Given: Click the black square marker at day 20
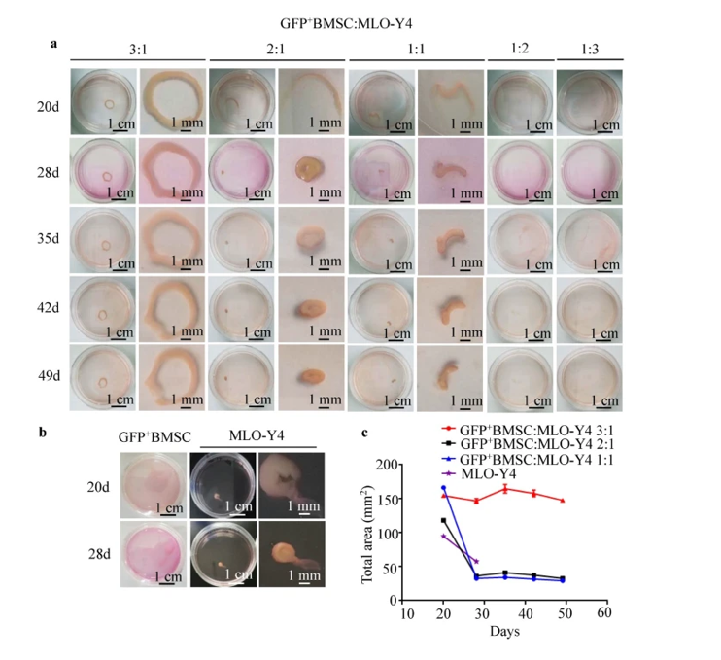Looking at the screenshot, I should tap(443, 521).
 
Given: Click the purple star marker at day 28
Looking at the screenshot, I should tap(476, 561).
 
